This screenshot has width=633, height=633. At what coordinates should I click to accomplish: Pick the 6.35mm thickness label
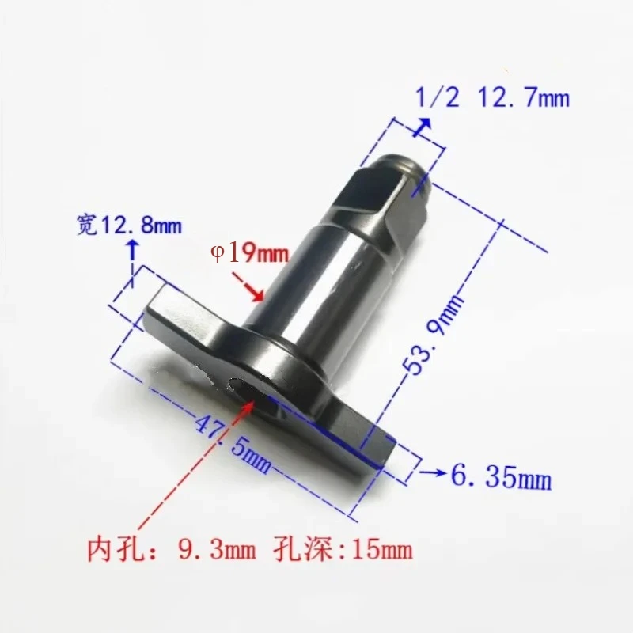click(x=499, y=476)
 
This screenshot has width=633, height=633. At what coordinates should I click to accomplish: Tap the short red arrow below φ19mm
click(x=252, y=288)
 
